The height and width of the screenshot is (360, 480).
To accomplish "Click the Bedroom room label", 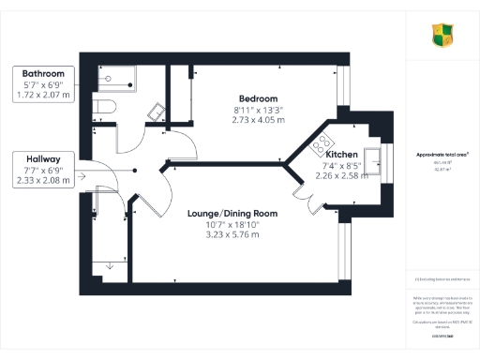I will (258, 98).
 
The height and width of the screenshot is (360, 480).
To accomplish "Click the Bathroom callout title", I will (43, 73).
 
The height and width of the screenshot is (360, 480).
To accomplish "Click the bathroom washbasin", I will (157, 112).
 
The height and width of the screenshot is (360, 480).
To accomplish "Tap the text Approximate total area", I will (442, 154).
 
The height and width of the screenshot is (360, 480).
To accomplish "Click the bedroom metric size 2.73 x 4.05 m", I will (258, 120).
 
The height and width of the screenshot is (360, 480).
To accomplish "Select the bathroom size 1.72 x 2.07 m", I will (43, 96).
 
